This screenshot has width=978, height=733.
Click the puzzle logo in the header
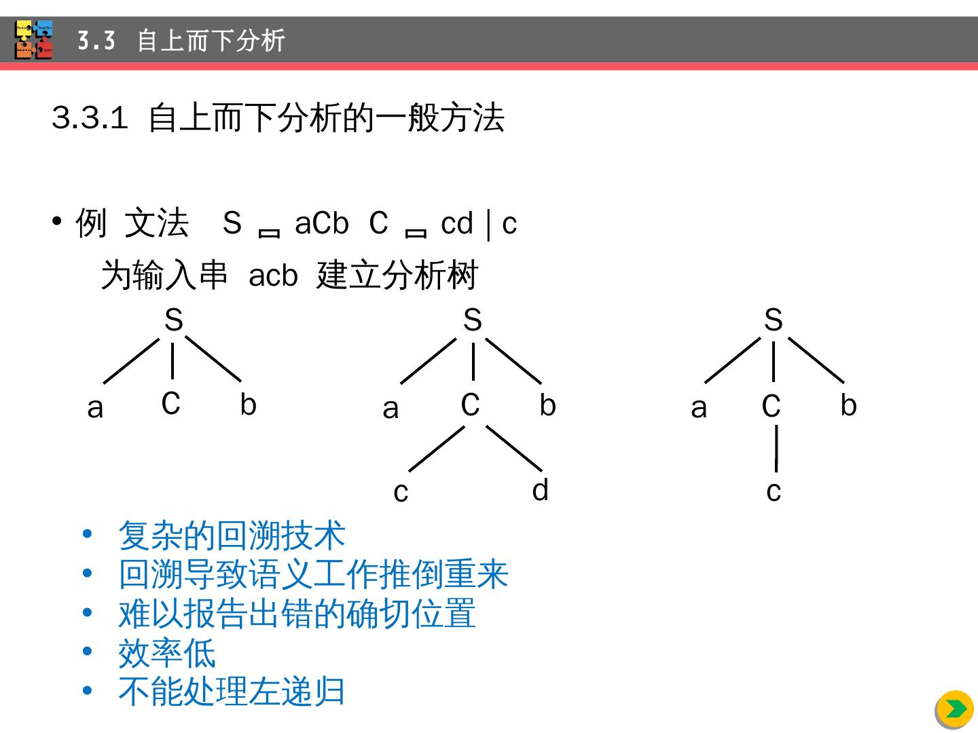tap(34, 40)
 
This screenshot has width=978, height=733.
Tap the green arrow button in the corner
tap(955, 709)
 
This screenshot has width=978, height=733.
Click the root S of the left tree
tap(174, 320)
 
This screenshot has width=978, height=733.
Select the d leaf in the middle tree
tap(541, 489)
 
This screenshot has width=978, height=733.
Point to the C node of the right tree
tap(771, 406)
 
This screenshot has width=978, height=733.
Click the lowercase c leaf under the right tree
tap(774, 491)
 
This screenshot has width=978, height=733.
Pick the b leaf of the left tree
tap(248, 405)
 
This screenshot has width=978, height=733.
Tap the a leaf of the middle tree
tap(391, 409)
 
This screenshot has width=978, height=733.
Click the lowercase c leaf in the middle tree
tap(401, 492)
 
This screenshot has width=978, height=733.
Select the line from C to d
tap(514, 448)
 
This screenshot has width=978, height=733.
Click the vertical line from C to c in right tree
tap(776, 447)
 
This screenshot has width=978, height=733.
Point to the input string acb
tap(273, 276)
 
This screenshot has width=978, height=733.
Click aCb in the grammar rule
tap(321, 223)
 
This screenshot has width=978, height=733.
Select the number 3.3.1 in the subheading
tap(90, 118)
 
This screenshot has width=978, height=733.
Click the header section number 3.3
tap(96, 41)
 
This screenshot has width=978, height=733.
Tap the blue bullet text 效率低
tap(167, 653)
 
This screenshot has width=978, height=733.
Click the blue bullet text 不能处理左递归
tap(232, 692)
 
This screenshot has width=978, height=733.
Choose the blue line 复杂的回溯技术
tap(232, 535)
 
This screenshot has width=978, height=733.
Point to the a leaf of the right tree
tap(699, 408)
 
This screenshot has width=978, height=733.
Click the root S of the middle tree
tap(473, 320)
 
